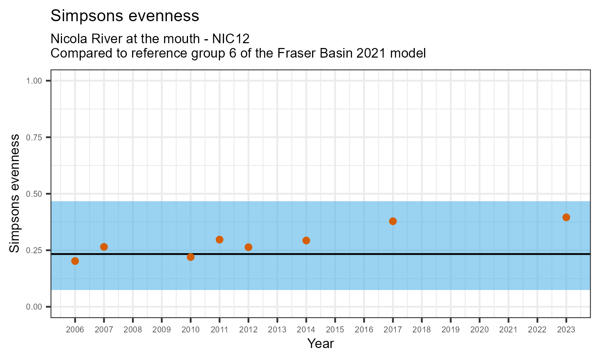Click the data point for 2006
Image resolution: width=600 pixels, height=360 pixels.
[75, 261]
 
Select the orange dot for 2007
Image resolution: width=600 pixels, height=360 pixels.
[104, 247]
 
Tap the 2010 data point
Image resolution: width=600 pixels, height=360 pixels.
[190, 257]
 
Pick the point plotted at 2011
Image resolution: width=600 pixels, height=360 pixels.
[219, 240]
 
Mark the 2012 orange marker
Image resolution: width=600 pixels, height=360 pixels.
[248, 247]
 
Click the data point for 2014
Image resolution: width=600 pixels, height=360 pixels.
[306, 240]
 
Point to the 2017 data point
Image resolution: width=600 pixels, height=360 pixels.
[393, 221]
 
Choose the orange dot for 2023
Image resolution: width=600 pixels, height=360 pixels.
[566, 217]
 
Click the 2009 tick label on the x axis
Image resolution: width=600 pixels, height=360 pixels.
[162, 330]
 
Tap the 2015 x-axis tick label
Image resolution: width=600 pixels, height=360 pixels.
[335, 330]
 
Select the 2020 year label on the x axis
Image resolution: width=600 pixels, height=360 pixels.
[479, 330]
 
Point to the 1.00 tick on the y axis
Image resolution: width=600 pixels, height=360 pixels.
[34, 81]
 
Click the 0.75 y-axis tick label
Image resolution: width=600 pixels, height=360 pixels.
[34, 138]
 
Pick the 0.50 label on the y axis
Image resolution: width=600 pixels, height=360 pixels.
[34, 194]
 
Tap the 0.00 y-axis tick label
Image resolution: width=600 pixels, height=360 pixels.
[34, 307]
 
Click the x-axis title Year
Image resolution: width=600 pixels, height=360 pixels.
[320, 344]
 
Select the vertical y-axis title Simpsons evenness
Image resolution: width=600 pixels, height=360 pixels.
[14, 194]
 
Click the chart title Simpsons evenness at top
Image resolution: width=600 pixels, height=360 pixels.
[125, 16]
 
